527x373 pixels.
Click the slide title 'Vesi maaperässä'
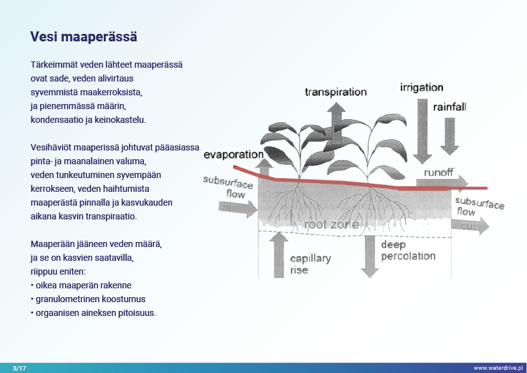point(84,37)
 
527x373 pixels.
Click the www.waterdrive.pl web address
point(498,368)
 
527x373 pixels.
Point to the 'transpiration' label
point(335,92)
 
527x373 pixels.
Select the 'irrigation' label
point(421,88)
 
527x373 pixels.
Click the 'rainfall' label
point(449,107)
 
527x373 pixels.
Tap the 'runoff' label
point(437,172)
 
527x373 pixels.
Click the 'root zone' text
point(331,224)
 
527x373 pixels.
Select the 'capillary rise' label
point(310,264)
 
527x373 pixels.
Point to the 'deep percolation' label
point(407,250)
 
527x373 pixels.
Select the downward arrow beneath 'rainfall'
point(449,136)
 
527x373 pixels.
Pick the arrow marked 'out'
point(470,226)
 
